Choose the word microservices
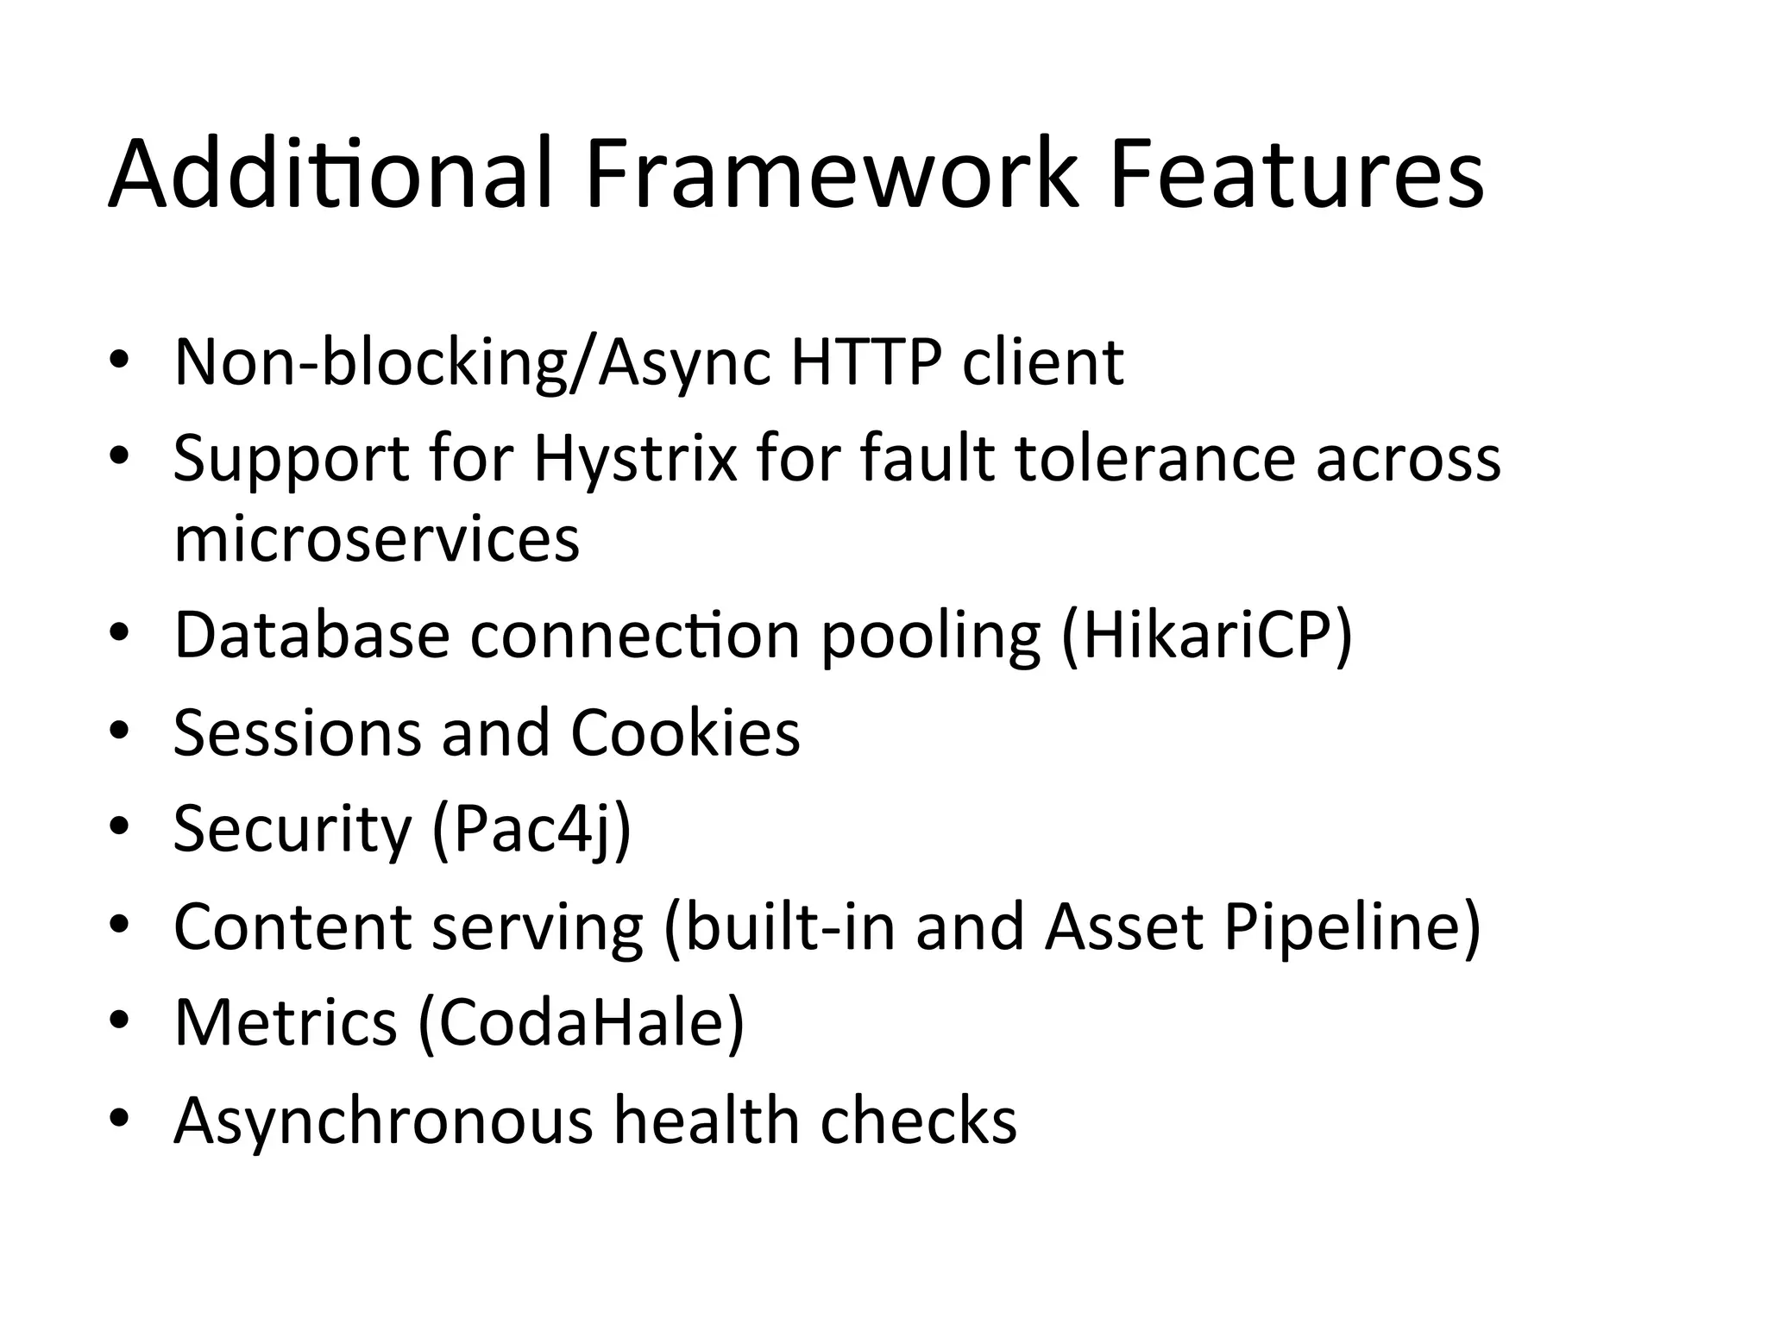[x=377, y=539]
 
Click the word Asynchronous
[x=383, y=1121]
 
